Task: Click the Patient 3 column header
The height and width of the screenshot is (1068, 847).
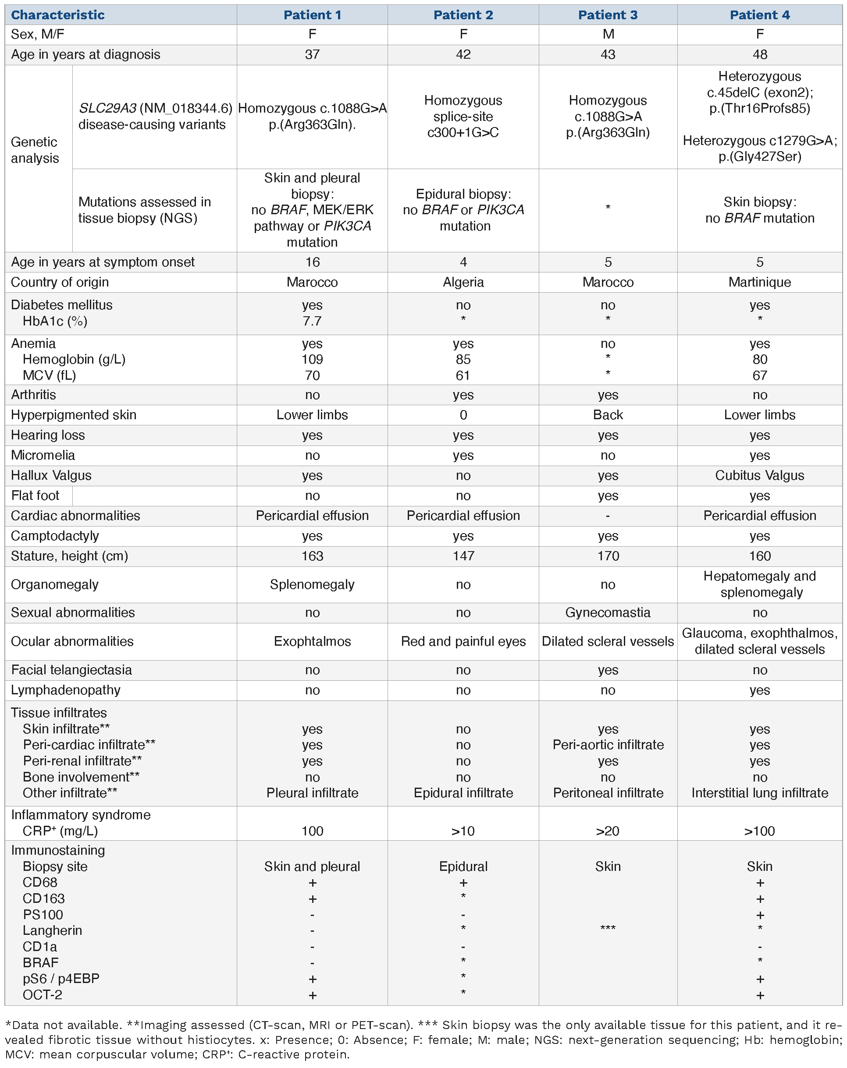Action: coord(608,15)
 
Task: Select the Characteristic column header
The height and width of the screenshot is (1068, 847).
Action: coord(57,15)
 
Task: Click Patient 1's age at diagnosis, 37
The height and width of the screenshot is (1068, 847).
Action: coord(312,54)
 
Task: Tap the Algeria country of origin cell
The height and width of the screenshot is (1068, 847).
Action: coord(463,283)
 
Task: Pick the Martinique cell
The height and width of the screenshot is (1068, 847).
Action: coord(759,283)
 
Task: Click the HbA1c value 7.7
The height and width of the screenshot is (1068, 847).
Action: coord(312,321)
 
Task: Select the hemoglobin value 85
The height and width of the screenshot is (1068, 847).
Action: coord(463,359)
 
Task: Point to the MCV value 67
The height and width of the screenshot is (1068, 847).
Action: coord(759,375)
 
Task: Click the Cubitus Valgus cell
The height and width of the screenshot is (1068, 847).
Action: coord(759,476)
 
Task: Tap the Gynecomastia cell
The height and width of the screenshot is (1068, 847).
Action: coord(608,612)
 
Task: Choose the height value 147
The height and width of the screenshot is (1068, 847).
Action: coord(463,556)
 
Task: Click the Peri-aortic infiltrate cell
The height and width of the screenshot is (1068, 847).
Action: coord(608,745)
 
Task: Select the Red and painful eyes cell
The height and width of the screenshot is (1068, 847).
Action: coord(463,641)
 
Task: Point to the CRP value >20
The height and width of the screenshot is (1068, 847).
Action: coord(608,831)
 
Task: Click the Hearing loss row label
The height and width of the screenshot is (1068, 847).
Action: coord(48,435)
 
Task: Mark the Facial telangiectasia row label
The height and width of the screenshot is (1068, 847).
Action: coord(71,670)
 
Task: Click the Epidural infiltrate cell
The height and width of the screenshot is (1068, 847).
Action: coord(463,792)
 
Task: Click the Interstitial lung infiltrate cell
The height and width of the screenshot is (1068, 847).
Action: coord(759,792)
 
